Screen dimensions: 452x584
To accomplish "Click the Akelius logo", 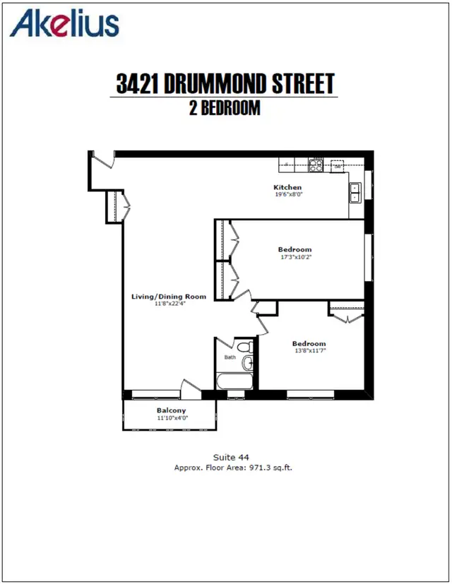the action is [x=64, y=23].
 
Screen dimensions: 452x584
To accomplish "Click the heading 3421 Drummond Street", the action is [x=225, y=83].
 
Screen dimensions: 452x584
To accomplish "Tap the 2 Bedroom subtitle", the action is [x=225, y=108].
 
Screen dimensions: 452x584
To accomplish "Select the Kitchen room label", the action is [x=287, y=187].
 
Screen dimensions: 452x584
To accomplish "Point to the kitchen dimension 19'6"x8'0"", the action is [x=289, y=194].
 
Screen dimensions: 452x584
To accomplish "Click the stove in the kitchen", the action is [x=316, y=165].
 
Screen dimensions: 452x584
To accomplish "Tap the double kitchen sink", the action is [x=355, y=193].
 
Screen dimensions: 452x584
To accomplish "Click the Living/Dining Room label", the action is [x=169, y=297].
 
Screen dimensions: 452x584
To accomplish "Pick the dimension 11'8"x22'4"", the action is [x=170, y=304].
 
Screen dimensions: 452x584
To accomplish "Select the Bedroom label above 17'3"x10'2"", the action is [x=295, y=249].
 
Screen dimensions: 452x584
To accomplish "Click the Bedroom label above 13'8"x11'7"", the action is [x=309, y=344].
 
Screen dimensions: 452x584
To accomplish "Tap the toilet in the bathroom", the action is [x=245, y=347].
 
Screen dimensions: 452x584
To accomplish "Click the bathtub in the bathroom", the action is [x=235, y=381].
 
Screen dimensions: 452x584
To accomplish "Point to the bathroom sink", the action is [x=248, y=362].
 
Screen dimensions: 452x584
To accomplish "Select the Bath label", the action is [x=230, y=357].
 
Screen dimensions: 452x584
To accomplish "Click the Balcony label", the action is [x=171, y=410].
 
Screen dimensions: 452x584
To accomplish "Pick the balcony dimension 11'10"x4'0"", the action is [x=172, y=418].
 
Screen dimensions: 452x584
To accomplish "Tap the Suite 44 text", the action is [x=231, y=458].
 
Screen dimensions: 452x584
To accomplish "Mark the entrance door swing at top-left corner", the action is [x=105, y=160].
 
